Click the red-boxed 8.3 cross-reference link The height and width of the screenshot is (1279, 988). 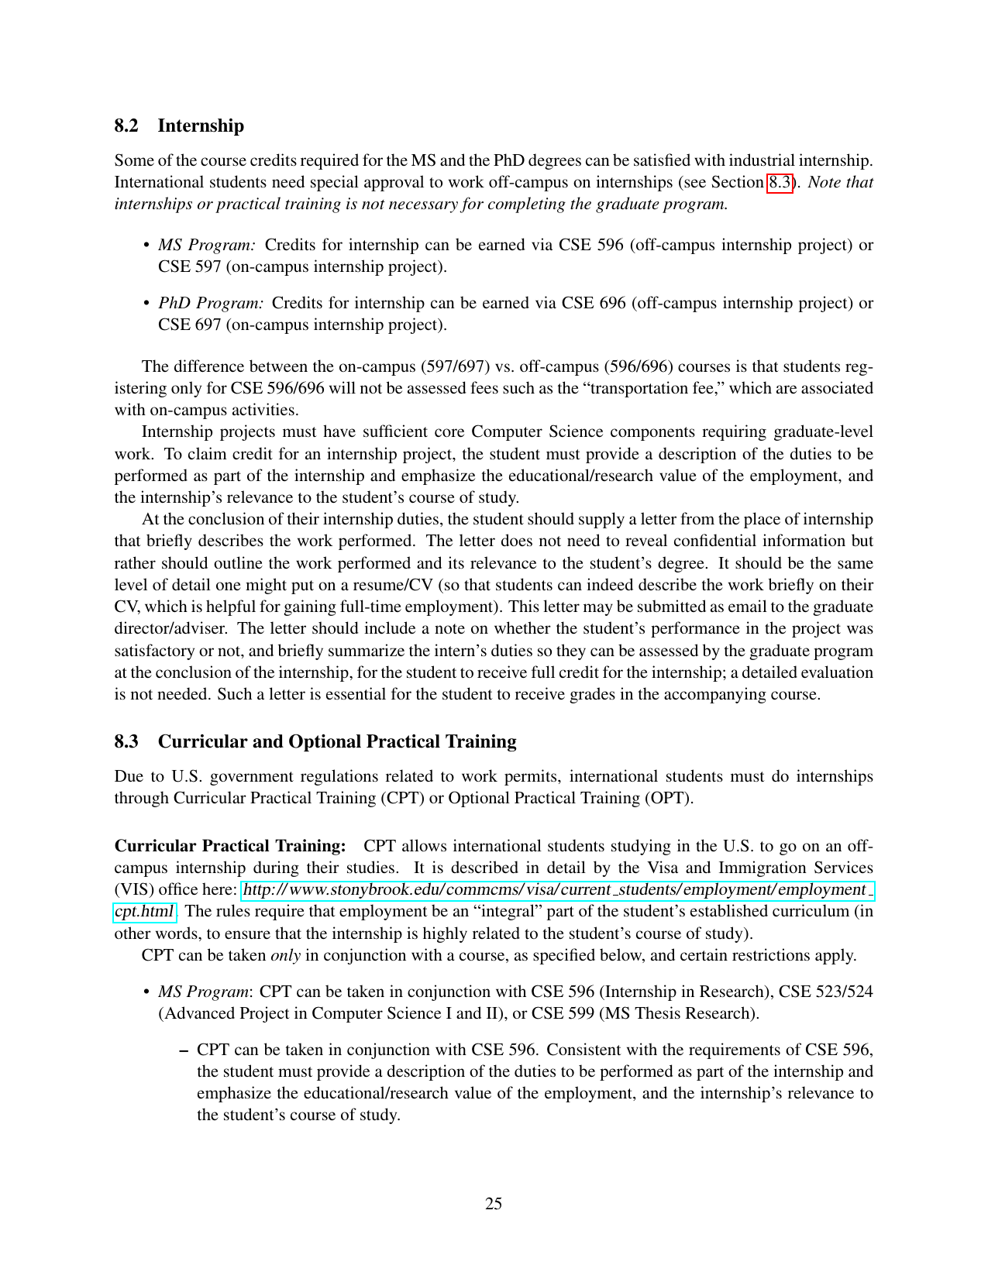[x=780, y=183]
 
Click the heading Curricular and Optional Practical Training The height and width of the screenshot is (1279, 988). [x=337, y=741]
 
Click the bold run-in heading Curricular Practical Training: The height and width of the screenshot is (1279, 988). [x=230, y=845]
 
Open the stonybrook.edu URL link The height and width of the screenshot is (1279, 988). [x=555, y=889]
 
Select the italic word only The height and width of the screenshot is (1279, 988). [x=285, y=955]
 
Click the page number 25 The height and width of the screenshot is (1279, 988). [x=494, y=1203]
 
